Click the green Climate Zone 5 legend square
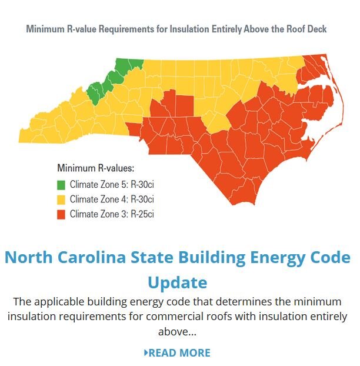(x=61, y=184)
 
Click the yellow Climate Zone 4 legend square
(x=61, y=199)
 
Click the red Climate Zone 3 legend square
(x=61, y=214)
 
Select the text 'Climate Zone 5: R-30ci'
(x=112, y=184)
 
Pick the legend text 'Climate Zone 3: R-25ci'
(x=112, y=214)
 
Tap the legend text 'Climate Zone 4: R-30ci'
(x=112, y=199)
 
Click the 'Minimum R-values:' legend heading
(x=95, y=168)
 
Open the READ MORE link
(x=179, y=353)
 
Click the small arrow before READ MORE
(x=146, y=353)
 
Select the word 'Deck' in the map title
(x=316, y=29)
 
